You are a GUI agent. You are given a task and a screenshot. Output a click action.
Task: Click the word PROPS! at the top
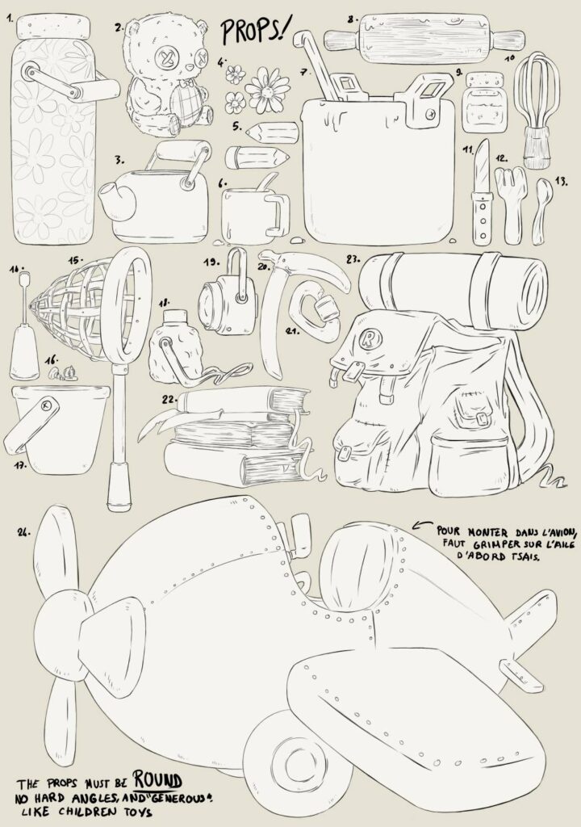(255, 31)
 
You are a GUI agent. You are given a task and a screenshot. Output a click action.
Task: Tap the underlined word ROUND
(157, 780)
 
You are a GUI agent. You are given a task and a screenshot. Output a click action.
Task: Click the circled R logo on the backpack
(367, 339)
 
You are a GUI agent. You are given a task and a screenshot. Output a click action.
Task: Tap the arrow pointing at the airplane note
(422, 524)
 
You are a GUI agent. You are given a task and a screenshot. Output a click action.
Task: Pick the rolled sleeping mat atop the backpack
(454, 289)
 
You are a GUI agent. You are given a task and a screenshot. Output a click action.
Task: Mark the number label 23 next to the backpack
(353, 259)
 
